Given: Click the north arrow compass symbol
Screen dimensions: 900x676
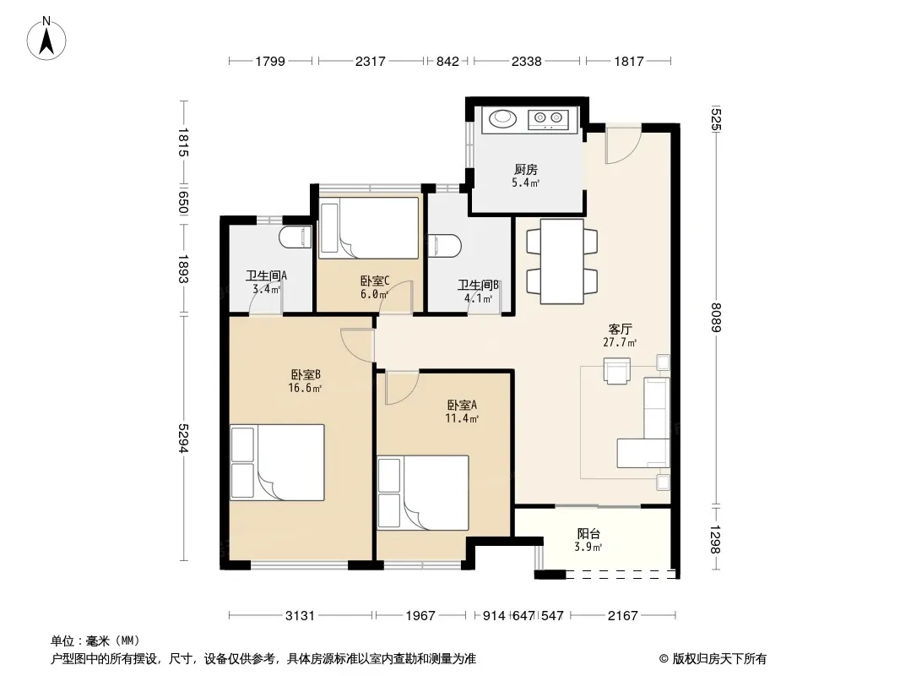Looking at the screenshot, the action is (x=46, y=39).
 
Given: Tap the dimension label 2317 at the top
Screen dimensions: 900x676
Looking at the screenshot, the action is (x=371, y=61).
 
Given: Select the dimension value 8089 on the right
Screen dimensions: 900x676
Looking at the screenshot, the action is (x=715, y=317).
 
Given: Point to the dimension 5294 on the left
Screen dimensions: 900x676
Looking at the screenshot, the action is (x=183, y=439).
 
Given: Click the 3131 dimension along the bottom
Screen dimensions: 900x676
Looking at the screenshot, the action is (x=301, y=616).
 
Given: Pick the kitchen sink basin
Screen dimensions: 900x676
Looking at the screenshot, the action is (x=503, y=118).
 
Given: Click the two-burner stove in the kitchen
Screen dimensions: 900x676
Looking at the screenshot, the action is (x=548, y=119).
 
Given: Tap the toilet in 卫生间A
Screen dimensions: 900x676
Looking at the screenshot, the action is (x=295, y=237).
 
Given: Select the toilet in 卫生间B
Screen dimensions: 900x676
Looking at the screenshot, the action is (x=445, y=245).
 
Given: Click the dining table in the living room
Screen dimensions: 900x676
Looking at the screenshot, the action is (x=562, y=261).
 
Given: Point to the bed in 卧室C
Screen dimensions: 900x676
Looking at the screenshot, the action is (x=369, y=228).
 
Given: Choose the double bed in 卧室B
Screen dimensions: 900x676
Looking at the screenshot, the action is (x=277, y=462).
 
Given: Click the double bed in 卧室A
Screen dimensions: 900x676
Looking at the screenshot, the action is (x=423, y=493).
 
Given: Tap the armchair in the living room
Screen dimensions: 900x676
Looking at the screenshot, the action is (x=617, y=370).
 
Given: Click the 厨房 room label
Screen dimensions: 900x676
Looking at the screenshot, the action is (x=526, y=170).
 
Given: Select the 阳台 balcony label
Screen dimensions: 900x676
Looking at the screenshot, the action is (x=588, y=533).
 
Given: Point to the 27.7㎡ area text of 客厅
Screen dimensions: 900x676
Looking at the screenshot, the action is (x=620, y=343).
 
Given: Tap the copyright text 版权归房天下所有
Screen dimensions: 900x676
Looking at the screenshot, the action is (x=719, y=659).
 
